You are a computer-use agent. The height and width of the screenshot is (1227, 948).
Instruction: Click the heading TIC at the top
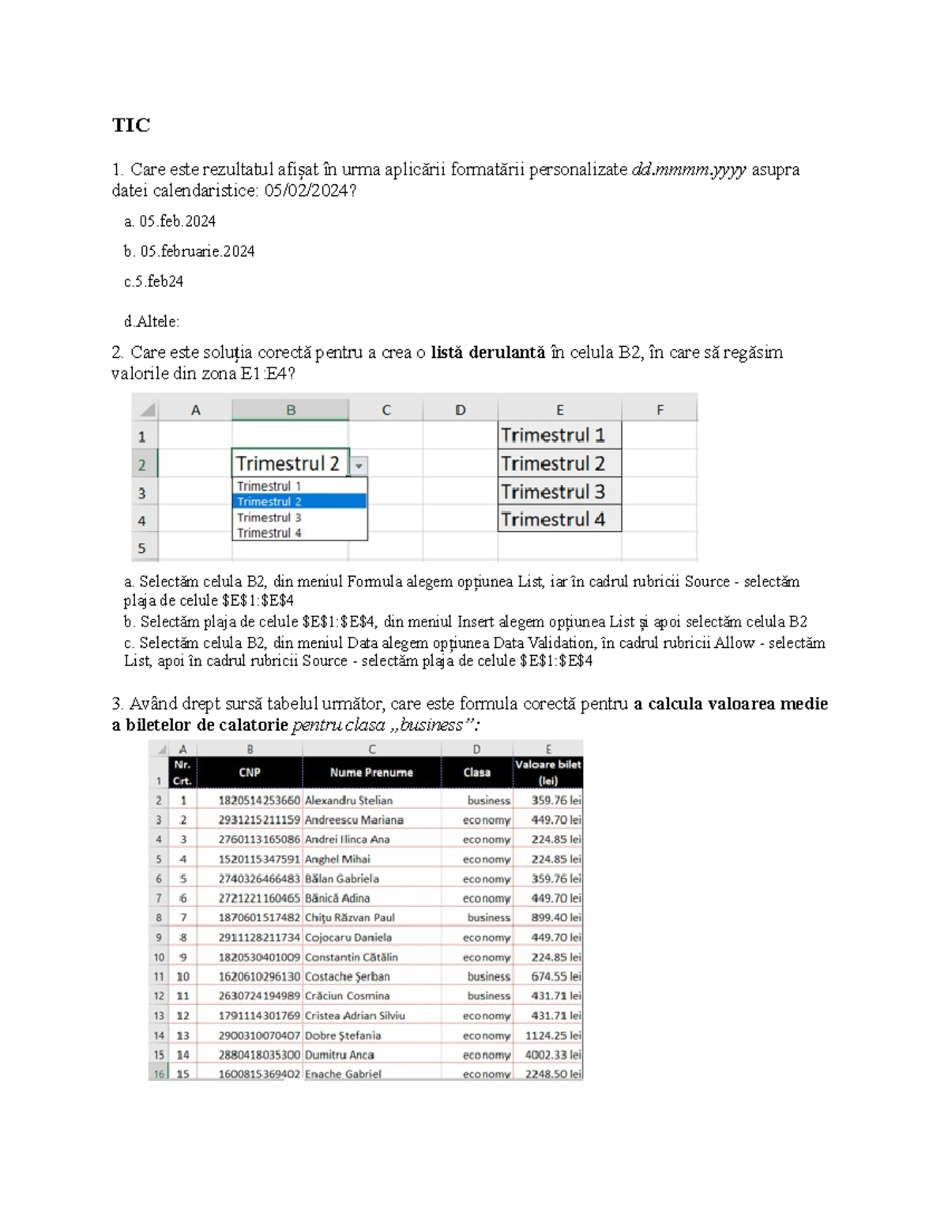130,125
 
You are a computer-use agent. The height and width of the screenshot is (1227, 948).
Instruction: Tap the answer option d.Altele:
151,322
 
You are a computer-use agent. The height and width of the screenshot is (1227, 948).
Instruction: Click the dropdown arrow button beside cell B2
359,465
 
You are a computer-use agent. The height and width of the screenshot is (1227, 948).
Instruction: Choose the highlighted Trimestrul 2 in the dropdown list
299,502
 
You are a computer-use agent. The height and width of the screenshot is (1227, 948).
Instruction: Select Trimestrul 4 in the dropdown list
269,533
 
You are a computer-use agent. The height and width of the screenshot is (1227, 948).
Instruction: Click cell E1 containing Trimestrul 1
559,435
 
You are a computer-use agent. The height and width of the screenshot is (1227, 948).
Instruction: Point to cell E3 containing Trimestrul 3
559,491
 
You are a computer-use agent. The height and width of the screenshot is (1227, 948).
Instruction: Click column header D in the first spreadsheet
460,410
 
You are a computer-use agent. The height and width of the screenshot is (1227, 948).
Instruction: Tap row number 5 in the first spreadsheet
142,548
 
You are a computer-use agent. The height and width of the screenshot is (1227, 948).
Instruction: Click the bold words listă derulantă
487,352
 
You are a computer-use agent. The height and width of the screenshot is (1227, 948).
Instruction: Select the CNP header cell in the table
250,773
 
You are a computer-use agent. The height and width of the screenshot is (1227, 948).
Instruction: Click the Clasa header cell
476,773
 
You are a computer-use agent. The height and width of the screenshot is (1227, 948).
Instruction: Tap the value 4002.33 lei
553,1055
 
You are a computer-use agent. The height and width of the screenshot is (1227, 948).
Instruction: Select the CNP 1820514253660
259,800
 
